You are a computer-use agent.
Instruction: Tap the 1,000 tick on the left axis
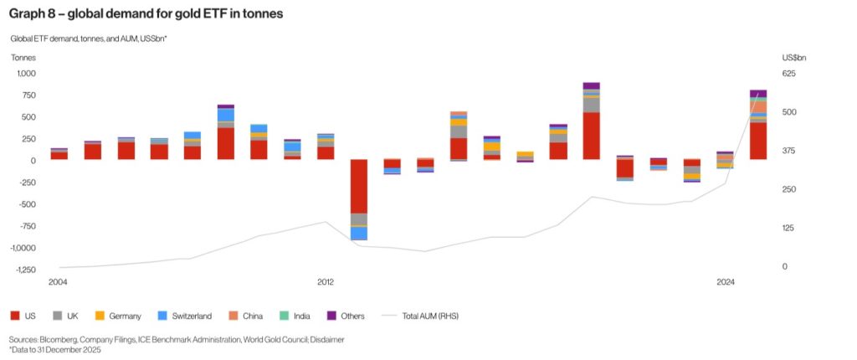pyautogui.click(x=22, y=74)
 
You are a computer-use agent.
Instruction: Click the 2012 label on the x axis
pyautogui.click(x=326, y=283)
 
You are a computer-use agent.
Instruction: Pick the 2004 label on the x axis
pyautogui.click(x=58, y=283)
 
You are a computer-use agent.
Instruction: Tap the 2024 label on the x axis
pyautogui.click(x=726, y=283)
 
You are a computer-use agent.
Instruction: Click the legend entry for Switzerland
pyautogui.click(x=190, y=316)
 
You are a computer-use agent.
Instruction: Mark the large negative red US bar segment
pyautogui.click(x=359, y=187)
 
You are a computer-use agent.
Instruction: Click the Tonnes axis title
pyautogui.click(x=23, y=58)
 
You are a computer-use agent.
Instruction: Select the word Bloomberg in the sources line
pyautogui.click(x=57, y=339)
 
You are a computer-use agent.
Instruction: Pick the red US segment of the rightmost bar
pyautogui.click(x=758, y=141)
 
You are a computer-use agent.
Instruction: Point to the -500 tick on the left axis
pyautogui.click(x=25, y=204)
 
